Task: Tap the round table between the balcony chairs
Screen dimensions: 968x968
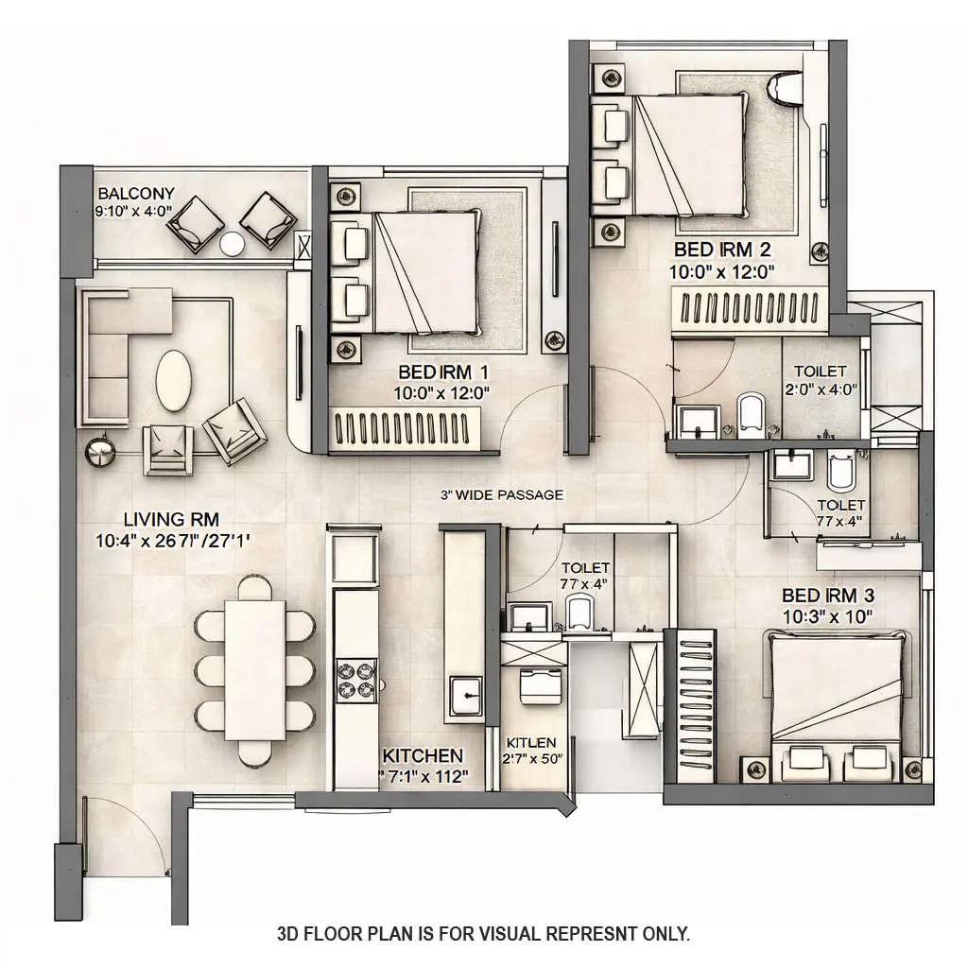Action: coord(233,244)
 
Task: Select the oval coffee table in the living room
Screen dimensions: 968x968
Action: coord(173,381)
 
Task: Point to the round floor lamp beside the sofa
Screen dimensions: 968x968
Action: coord(98,452)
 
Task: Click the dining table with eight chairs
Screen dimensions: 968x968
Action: coord(255,671)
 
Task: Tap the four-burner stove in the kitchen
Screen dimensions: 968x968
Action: coord(356,681)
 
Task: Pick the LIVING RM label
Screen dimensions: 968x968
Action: coord(158,519)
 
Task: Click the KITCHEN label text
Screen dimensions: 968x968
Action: coord(423,755)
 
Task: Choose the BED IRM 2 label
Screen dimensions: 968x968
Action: coord(722,251)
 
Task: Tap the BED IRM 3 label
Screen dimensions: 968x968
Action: coord(828,596)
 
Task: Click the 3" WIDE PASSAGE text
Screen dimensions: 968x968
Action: coord(502,494)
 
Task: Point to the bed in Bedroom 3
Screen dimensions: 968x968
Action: coord(838,695)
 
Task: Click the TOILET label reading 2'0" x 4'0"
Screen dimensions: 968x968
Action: coord(820,372)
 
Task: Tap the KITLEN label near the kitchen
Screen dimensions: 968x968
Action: coord(531,743)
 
